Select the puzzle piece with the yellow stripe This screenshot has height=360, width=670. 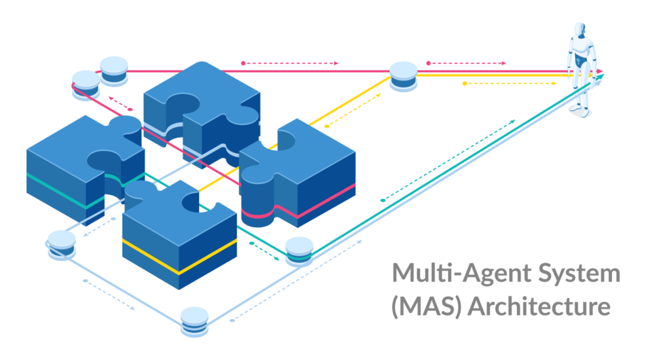180,236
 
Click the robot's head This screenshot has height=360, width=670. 580,30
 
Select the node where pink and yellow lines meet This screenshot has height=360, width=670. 403,74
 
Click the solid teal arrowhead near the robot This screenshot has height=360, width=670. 599,77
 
